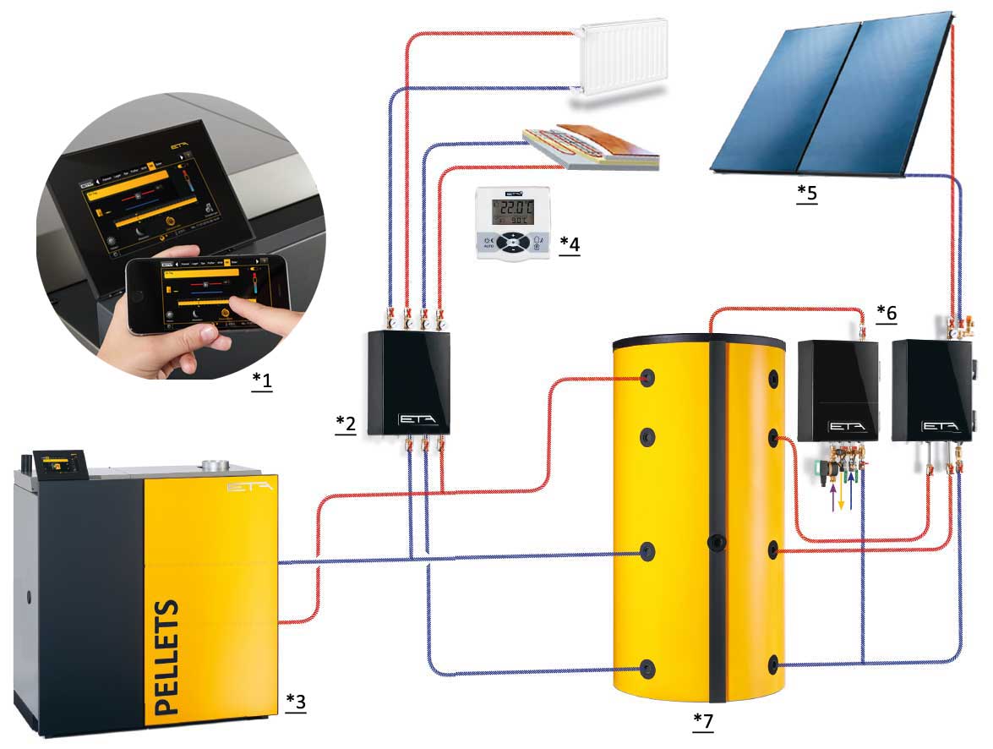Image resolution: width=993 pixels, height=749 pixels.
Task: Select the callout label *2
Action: pos(344,423)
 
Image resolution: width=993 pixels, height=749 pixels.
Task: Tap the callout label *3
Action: pos(295,701)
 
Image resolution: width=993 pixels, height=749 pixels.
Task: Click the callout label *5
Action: pos(807,194)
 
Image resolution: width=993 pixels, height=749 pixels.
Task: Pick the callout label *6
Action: pos(887,313)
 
